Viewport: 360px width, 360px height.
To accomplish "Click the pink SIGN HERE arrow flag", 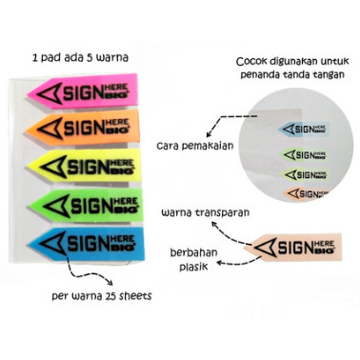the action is (83, 91).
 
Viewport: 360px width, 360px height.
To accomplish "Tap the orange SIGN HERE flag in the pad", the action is (83, 128).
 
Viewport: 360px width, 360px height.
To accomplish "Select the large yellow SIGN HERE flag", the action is (85, 166).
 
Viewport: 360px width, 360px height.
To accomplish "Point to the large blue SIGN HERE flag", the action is (87, 244).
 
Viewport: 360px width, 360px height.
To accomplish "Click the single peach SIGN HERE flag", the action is (292, 248).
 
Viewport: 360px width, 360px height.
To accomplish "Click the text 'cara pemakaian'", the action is (195, 147).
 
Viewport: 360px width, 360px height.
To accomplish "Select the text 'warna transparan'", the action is (206, 212).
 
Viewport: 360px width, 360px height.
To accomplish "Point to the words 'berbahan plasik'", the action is (193, 260).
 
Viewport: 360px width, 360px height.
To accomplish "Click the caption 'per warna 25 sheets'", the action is (102, 296).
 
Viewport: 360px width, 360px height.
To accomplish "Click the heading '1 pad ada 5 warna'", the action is (80, 58).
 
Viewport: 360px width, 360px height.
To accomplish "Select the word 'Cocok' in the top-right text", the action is (251, 61).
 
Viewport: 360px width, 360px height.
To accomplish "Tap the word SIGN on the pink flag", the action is (83, 93).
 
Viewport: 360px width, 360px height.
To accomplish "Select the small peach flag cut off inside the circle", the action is (307, 193).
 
